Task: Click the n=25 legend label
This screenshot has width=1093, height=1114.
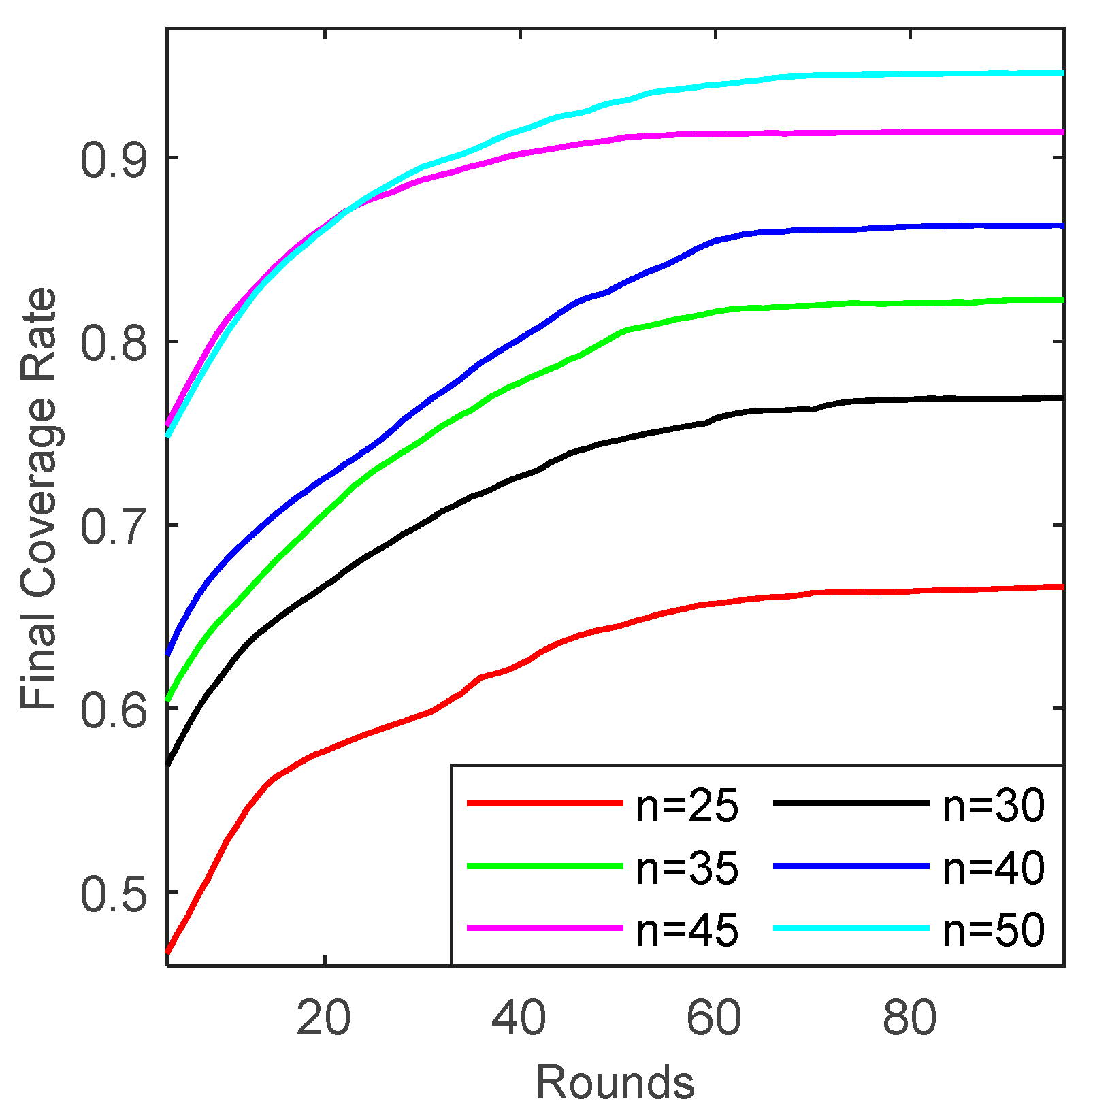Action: coord(687,807)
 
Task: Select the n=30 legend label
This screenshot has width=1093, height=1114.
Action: coord(994,807)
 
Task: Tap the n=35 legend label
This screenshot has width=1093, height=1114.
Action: coord(687,869)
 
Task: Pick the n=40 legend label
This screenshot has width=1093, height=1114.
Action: coord(994,869)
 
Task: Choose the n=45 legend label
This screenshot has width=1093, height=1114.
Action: coord(687,930)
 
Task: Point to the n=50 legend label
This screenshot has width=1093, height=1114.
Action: coord(994,930)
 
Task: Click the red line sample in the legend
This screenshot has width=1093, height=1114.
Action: coord(544,804)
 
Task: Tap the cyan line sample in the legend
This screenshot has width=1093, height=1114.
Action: coord(851,928)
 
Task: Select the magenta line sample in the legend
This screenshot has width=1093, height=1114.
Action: coord(544,928)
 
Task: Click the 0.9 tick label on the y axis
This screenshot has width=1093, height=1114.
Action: coord(114,161)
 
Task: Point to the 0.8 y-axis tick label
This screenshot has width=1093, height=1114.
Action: coord(114,344)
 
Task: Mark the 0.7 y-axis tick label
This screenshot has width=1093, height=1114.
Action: coord(114,527)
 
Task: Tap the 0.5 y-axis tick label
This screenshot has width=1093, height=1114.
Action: coord(114,894)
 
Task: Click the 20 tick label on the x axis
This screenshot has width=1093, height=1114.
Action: coord(324,1019)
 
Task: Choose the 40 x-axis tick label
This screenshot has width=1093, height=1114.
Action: coord(519,1019)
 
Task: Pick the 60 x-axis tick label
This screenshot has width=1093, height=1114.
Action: coord(714,1019)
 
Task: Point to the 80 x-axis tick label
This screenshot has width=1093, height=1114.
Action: coord(909,1019)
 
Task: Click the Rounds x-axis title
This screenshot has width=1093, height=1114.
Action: coord(615,1082)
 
